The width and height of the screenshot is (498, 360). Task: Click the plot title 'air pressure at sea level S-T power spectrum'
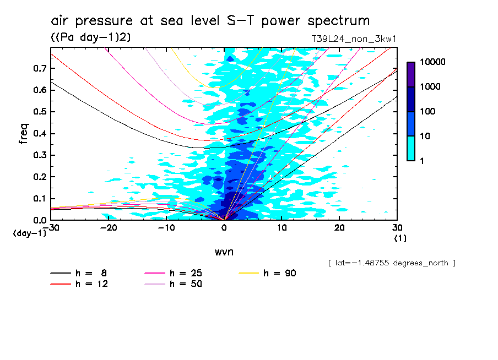pos(210,21)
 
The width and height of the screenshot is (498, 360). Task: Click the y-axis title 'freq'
pos(24,133)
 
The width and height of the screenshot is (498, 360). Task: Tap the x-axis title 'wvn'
pos(224,252)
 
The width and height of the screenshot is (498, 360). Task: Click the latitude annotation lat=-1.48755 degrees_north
pos(391,263)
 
